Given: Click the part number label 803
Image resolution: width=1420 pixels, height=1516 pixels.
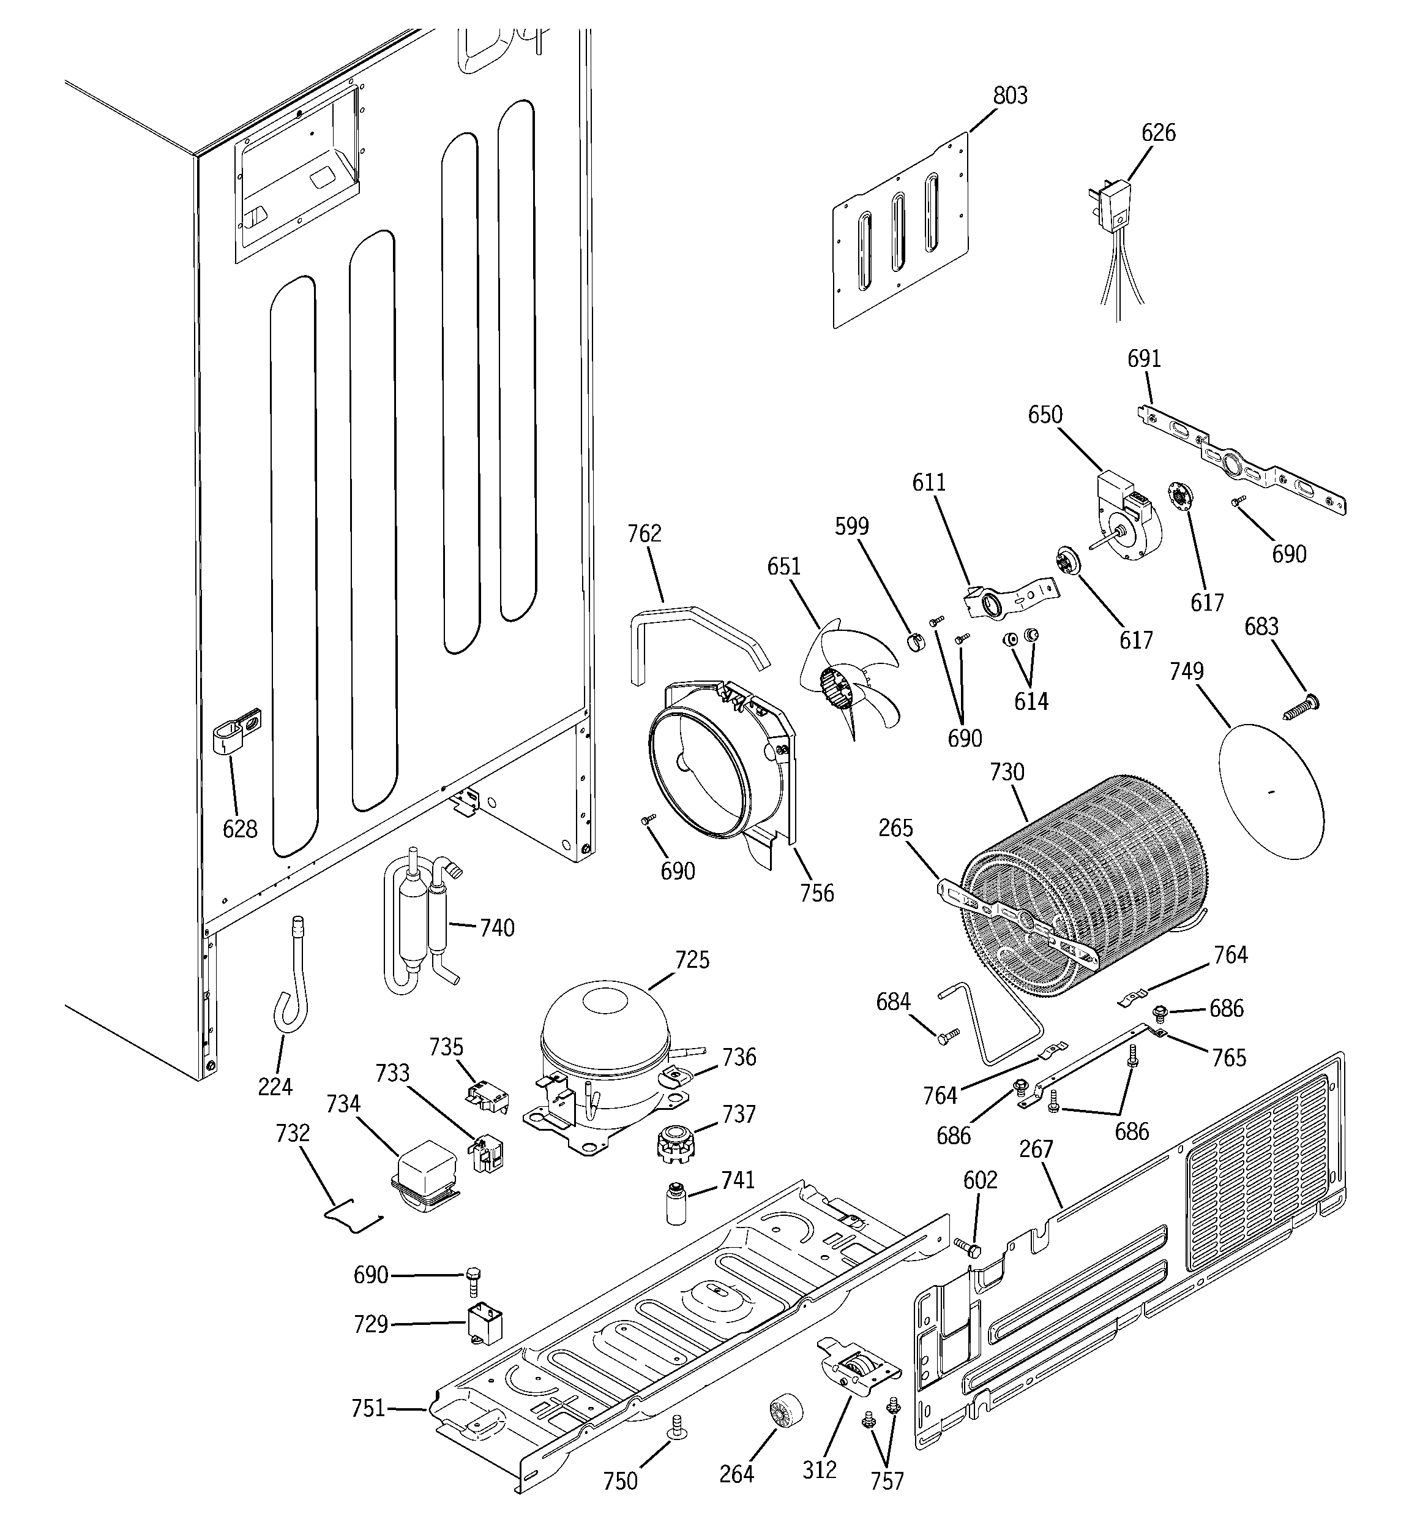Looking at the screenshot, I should coord(1010,96).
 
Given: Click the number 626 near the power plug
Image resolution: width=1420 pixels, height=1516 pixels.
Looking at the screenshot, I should coord(1158,133).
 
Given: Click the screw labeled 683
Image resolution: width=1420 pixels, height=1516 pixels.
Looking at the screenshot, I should coord(1302,706).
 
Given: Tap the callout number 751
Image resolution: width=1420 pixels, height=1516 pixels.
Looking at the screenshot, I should coord(368,1408).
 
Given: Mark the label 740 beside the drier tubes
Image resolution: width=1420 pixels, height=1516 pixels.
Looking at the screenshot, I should coord(497,928).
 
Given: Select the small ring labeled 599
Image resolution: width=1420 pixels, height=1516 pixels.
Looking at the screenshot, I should coord(914,643).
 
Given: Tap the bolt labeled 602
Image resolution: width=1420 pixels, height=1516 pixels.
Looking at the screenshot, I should coord(968,1248).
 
